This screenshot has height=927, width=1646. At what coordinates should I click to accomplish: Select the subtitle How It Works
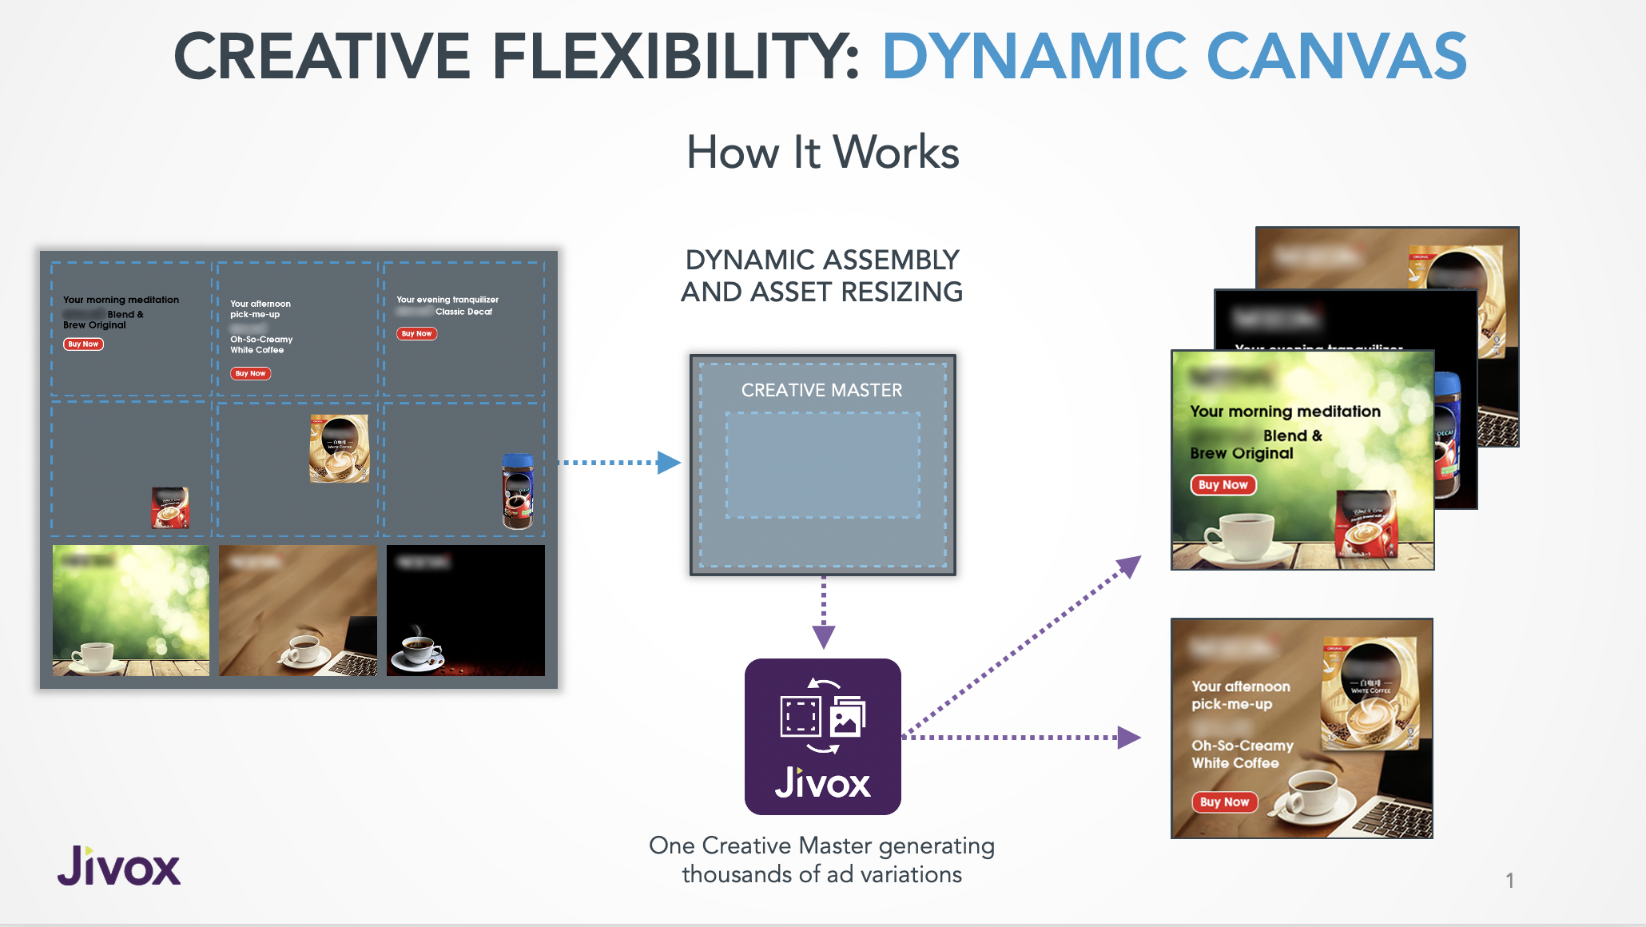822,152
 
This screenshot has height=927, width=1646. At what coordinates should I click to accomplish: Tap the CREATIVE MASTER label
821,390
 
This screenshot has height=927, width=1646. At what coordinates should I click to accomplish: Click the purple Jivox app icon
822,736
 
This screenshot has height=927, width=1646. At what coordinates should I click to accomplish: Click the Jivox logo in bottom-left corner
119,866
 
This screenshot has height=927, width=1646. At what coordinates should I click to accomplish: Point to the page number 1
1509,881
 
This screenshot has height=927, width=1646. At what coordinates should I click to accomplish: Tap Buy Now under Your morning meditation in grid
83,344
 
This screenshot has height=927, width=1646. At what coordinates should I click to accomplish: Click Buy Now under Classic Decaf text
416,333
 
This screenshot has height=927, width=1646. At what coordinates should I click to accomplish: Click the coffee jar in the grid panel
517,491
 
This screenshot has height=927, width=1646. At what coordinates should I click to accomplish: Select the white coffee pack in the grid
340,448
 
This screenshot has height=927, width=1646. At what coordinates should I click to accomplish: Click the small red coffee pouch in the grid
170,507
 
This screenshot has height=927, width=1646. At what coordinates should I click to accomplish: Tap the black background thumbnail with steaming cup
465,611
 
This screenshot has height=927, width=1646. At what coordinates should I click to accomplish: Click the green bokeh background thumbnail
131,611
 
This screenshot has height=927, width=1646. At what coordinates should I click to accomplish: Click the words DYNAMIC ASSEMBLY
821,260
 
